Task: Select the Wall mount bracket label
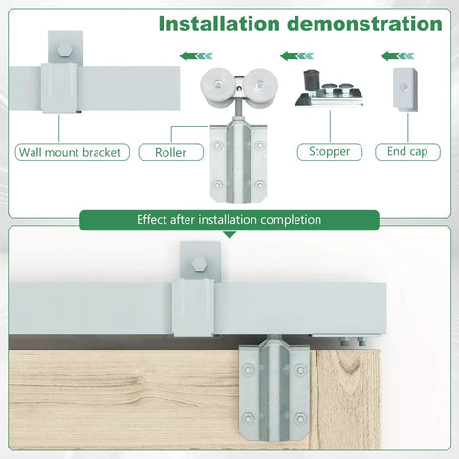click(73, 151)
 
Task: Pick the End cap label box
click(405, 151)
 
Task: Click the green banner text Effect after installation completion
click(229, 220)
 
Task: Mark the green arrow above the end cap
click(396, 55)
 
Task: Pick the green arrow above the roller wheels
click(196, 55)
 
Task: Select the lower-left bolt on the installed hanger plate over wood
click(250, 417)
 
